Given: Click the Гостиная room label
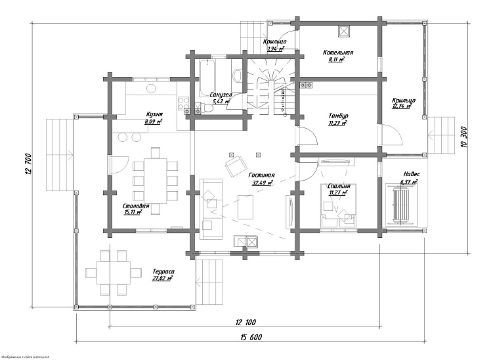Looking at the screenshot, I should tap(261, 175).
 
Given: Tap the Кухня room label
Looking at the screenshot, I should tap(154, 114).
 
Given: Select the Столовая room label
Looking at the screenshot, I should tap(136, 206).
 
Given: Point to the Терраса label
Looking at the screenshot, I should tap(163, 271).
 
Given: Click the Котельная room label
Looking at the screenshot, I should tap(339, 52).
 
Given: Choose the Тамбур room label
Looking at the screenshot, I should tap(338, 116).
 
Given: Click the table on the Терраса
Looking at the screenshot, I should tap(110, 271).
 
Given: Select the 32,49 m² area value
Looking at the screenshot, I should tap(261, 183).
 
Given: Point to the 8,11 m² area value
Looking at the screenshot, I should tap(337, 59).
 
